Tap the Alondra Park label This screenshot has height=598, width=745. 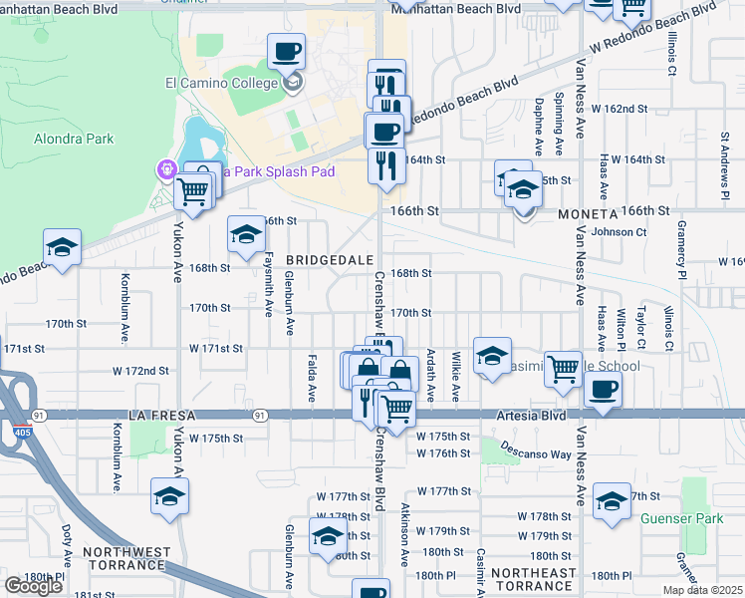point(74,140)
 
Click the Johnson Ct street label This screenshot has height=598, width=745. point(619,232)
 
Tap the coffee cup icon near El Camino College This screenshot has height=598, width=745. point(287,51)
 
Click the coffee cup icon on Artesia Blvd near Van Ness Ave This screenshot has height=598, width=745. point(602,390)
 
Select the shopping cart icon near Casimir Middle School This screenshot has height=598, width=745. point(564,368)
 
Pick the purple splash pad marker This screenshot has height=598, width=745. point(166,171)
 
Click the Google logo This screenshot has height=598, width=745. point(33,586)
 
